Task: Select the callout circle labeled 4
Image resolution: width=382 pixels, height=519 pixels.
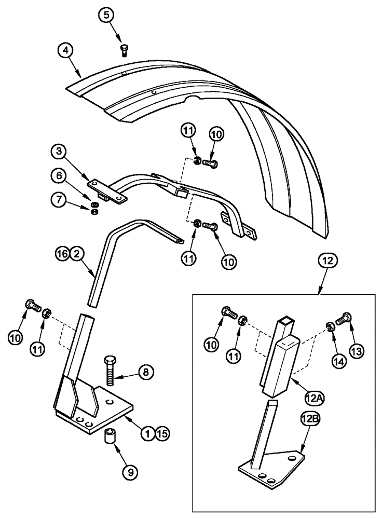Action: coord(65,51)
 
